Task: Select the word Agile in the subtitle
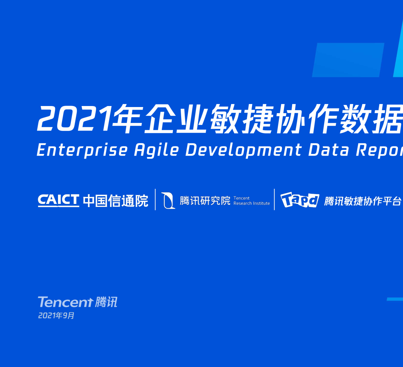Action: tap(156, 150)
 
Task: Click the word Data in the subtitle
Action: tap(328, 150)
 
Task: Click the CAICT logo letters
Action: tap(58, 200)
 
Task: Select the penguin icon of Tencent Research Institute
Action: tap(168, 200)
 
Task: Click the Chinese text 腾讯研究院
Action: tap(205, 200)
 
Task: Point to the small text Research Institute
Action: tap(251, 203)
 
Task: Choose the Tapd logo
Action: tap(300, 200)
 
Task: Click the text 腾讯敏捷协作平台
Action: tap(363, 201)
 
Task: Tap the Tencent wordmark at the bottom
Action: tap(65, 302)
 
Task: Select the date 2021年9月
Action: tap(56, 315)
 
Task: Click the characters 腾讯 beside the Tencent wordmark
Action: tap(106, 302)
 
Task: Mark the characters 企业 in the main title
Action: tap(175, 119)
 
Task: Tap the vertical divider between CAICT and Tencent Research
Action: tap(155, 199)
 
